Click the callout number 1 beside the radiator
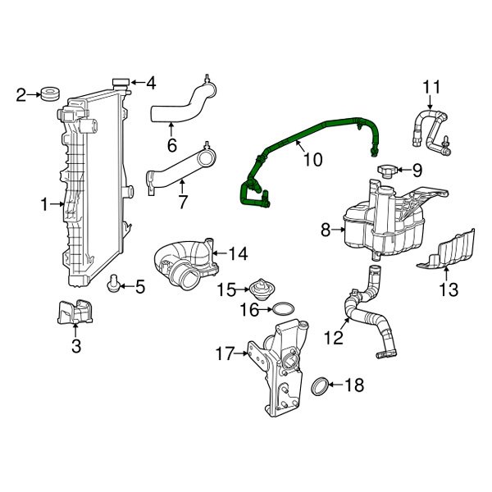coord(45,203)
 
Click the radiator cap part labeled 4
coord(121,83)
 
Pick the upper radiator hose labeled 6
coord(182,104)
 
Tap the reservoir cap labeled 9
coord(387,171)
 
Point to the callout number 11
coord(431,86)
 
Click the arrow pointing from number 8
coord(337,231)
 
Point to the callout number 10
coord(312,159)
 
